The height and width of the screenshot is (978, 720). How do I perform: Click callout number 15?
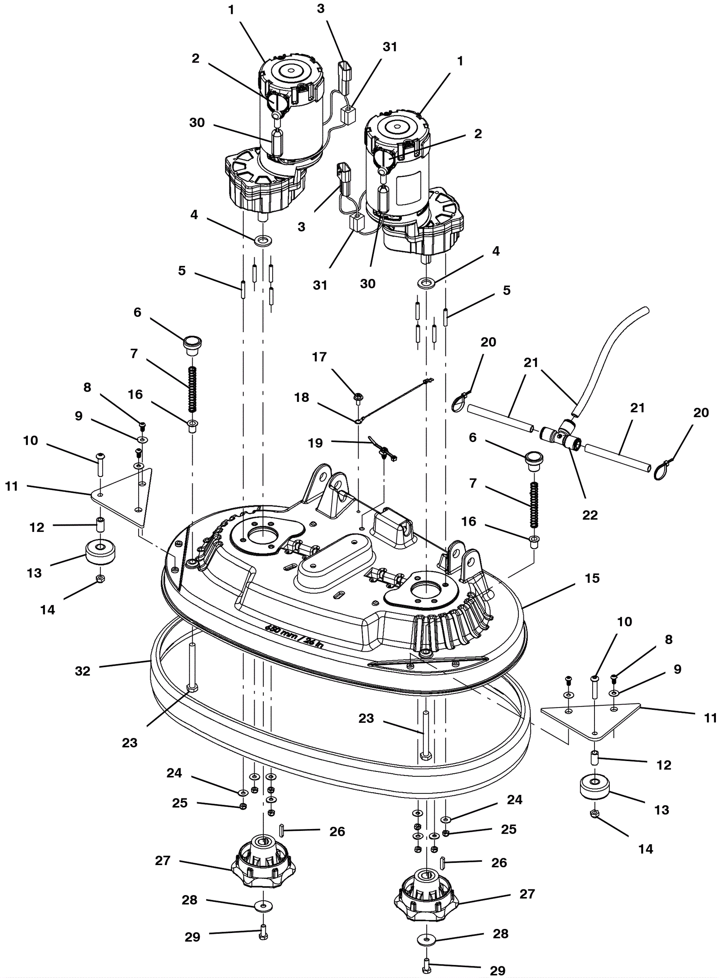pyautogui.click(x=592, y=578)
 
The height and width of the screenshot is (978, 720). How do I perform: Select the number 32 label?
pyautogui.click(x=82, y=671)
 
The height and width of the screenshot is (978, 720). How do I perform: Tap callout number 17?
pyautogui.click(x=319, y=357)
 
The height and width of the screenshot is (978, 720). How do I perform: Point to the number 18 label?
pyautogui.click(x=301, y=397)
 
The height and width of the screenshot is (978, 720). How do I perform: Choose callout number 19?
pyautogui.click(x=315, y=443)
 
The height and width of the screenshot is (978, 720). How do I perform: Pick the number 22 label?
pyautogui.click(x=589, y=515)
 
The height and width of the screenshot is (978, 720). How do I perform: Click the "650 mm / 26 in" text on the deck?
pyautogui.click(x=294, y=633)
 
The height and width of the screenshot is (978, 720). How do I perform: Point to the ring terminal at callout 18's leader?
pyautogui.click(x=359, y=422)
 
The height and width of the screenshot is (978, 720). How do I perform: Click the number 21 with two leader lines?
pyautogui.click(x=531, y=363)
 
